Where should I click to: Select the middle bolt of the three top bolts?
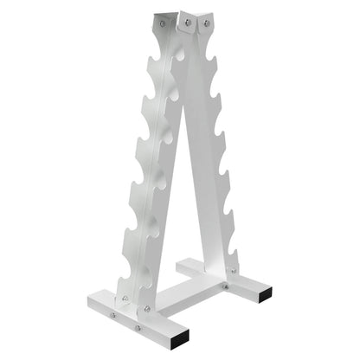184,19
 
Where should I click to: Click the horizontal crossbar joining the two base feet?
195,295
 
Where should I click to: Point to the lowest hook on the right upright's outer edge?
234,254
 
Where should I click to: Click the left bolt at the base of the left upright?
124,299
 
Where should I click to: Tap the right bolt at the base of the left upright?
146,308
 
